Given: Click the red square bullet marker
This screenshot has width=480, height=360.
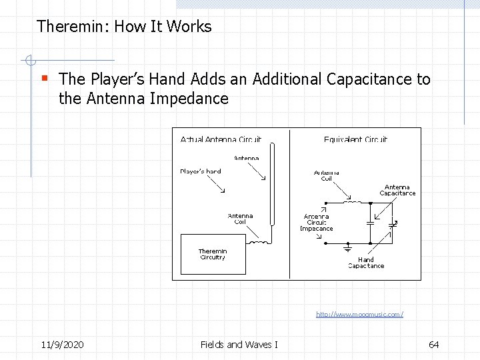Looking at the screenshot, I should coord(45,78).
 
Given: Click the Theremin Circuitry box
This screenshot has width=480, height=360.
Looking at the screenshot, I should coord(213,254).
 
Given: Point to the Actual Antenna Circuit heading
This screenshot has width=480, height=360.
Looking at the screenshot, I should coord(221,139).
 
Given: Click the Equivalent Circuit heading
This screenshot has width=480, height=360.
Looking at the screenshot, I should coord(355,139).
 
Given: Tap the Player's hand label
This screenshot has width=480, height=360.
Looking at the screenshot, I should coord(200,171).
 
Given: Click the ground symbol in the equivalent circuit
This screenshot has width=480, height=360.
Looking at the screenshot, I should coord(347,247).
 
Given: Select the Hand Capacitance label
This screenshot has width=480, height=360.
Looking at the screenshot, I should coord(366,263).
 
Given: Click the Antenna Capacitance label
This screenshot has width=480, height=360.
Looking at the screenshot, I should coord(397,190).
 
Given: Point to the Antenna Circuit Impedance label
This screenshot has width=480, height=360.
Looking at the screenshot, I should coord(316,223).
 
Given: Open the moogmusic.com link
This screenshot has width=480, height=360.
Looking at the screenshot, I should coord(359,313).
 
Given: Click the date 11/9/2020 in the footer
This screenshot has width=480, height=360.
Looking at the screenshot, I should coord(62,344).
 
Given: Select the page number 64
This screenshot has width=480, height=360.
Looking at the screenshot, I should coord(433,344).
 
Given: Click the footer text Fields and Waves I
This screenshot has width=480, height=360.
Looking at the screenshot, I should coord(239,344).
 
